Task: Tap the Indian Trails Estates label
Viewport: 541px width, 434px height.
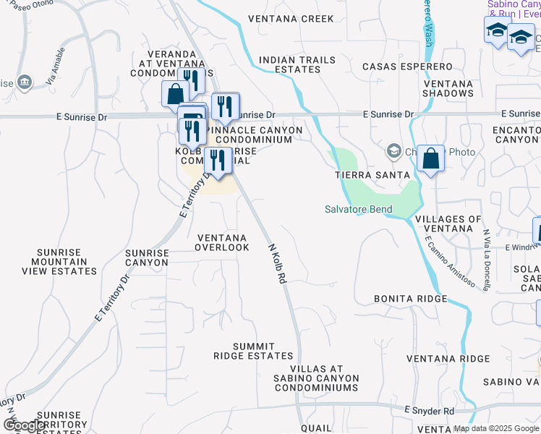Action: coord(289,64)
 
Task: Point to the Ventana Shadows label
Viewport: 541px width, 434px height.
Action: coord(448,88)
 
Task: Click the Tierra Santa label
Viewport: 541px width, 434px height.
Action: coord(372,175)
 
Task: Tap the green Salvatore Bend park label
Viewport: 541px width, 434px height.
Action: coord(357,210)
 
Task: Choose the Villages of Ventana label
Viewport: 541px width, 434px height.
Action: coord(449,224)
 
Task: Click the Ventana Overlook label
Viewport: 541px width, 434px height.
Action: coord(223,242)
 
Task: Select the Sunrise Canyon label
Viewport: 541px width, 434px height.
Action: coord(147,258)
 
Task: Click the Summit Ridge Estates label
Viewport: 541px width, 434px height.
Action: coord(253,351)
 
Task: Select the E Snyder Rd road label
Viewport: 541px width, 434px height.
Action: coord(429,410)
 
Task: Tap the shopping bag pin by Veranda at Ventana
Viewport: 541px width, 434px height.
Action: coord(175,93)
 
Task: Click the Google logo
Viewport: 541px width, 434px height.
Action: coord(24,425)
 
